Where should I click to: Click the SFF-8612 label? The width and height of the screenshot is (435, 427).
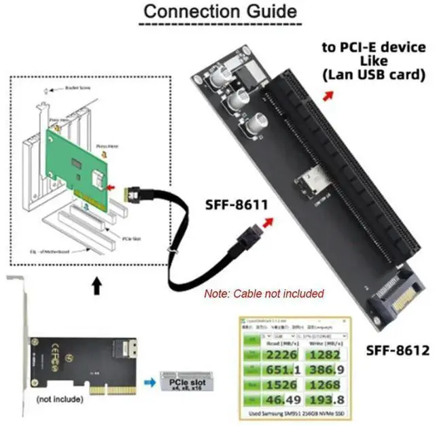398,351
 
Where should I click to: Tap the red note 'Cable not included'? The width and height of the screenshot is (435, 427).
264,294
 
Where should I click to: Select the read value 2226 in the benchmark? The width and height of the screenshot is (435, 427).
282,353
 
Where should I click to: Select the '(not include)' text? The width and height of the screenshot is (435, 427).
61,400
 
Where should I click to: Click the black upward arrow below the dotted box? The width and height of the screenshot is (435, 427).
97,286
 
